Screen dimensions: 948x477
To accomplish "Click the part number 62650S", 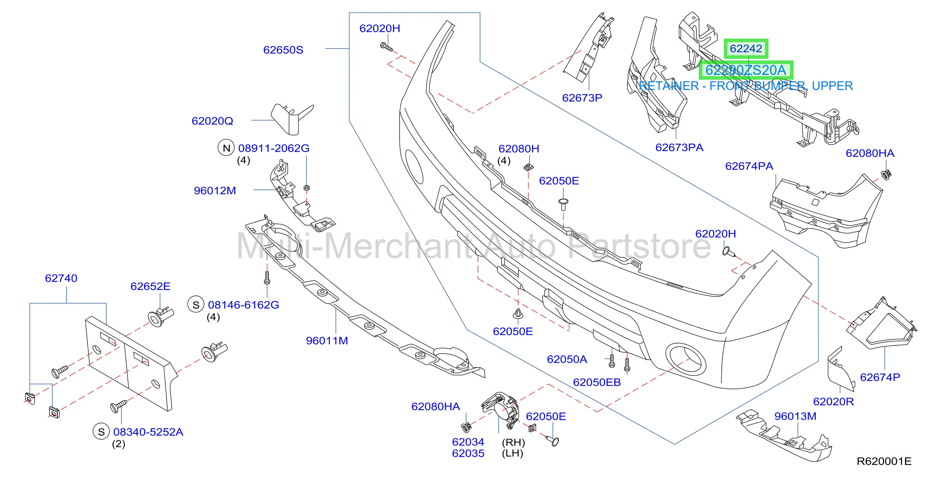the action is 283,50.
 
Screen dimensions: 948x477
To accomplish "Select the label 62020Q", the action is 212,121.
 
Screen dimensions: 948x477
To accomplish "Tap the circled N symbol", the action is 226,148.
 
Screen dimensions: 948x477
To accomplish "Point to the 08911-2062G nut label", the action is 274,148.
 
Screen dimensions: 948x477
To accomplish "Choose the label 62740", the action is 61,278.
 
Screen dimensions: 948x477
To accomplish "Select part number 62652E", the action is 151,286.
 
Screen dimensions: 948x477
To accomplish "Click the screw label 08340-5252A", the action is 148,432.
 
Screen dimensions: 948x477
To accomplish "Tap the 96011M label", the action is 327,341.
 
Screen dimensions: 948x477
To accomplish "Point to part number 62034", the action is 468,442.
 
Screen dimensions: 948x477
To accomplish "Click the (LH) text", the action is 513,454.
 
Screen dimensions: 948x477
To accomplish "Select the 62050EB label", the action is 597,382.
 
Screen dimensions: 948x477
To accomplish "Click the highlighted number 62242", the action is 746,49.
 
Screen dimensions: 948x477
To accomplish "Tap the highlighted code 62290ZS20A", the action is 746,70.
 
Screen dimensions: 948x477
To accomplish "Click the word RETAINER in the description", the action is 669,86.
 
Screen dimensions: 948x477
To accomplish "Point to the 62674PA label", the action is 749,166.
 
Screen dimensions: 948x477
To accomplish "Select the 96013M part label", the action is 795,416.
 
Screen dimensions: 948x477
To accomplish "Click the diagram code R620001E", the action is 884,461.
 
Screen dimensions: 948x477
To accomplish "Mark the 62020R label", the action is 833,401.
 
